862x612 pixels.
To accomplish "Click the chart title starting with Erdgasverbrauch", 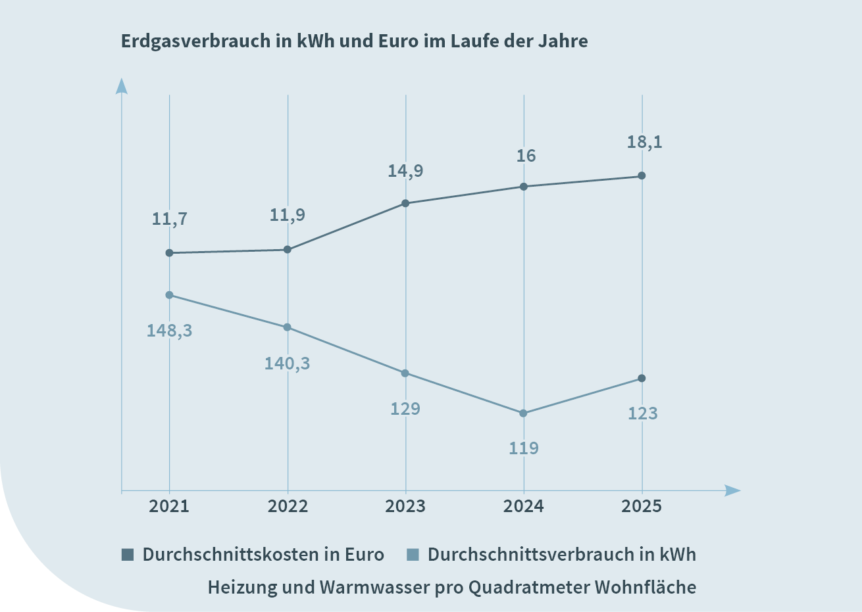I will click(354, 41).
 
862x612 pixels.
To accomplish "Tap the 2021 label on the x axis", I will click(169, 506).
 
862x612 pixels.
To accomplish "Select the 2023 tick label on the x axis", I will click(405, 506).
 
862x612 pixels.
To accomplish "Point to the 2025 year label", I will click(642, 506).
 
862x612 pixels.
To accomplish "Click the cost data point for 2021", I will click(169, 253).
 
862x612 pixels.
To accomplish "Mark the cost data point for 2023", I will click(405, 203).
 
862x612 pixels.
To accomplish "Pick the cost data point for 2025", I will click(642, 176).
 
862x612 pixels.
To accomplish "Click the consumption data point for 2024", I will click(524, 413).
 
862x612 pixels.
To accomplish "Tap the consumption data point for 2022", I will click(288, 327).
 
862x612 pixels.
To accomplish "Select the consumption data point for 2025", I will click(642, 379).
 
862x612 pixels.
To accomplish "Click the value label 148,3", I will click(169, 331).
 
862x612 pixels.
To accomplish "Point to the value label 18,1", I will click(644, 142).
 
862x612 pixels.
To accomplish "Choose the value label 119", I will click(524, 448).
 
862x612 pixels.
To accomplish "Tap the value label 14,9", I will click(405, 171).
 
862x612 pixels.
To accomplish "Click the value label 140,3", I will click(287, 364).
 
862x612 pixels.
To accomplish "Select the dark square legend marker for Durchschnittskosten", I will click(128, 554).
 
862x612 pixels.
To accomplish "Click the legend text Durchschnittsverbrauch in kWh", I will click(561, 554).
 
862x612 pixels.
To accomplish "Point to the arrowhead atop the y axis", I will click(121, 86).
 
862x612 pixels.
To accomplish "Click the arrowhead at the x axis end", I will click(732, 490).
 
